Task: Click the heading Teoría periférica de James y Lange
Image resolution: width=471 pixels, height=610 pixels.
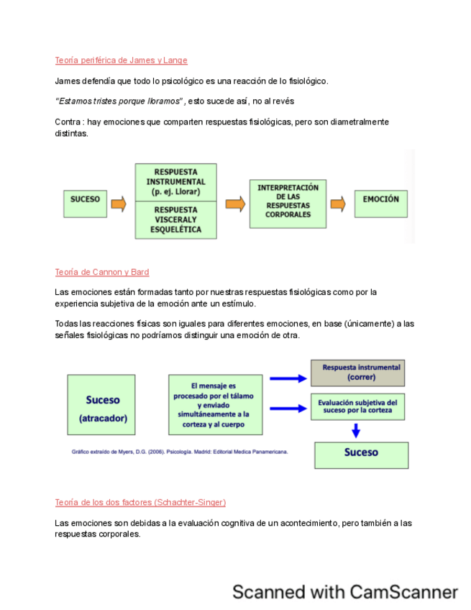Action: (121, 60)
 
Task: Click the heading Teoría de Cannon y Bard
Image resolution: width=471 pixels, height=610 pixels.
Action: (102, 272)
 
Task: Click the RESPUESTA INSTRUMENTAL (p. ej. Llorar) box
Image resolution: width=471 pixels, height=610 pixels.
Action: (175, 183)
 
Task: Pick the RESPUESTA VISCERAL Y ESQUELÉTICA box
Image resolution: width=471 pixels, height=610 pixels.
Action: (175, 219)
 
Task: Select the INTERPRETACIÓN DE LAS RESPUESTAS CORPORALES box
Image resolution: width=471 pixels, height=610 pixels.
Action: (288, 201)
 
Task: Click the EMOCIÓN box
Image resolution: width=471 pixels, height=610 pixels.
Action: (380, 199)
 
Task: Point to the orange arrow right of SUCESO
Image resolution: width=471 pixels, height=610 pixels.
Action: (119, 204)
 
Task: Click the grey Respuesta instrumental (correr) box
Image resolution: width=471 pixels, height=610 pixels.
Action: (357, 372)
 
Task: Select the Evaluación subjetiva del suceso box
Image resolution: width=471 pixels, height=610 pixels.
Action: (357, 407)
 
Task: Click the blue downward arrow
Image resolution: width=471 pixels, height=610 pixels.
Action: (355, 431)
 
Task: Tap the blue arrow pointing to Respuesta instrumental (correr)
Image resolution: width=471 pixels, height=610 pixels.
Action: (288, 378)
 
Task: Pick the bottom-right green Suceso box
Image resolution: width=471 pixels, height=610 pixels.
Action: (361, 454)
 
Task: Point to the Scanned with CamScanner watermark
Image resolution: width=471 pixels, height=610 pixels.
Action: (344, 592)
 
